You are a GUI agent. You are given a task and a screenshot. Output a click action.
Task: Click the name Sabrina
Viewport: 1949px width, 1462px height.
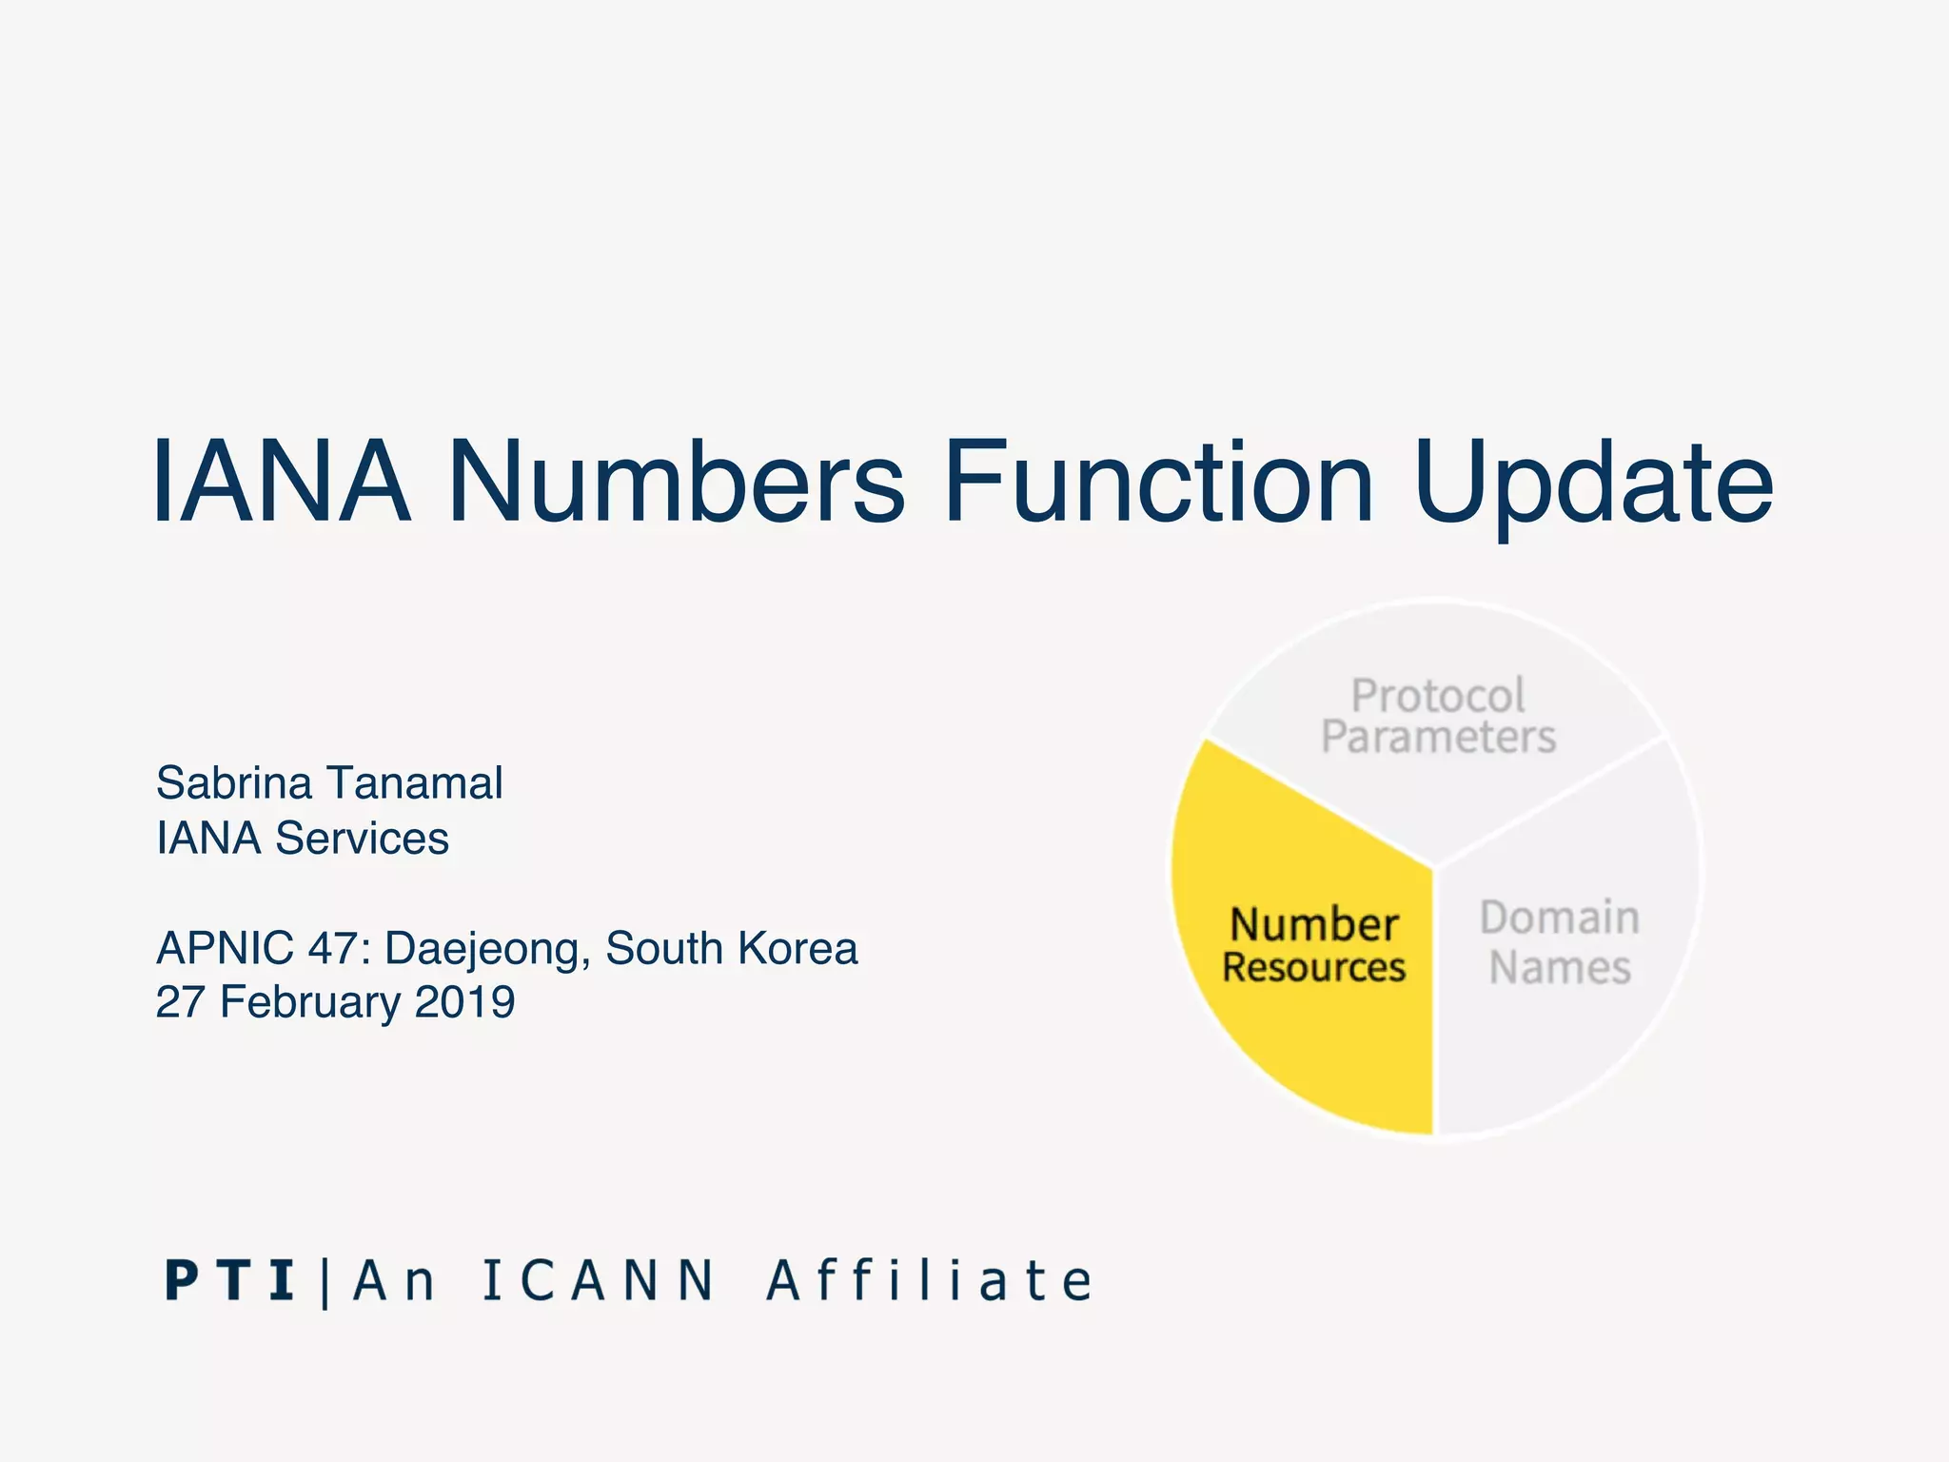tap(234, 783)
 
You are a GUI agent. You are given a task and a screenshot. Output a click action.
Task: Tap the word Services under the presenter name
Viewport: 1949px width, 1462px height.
tap(362, 839)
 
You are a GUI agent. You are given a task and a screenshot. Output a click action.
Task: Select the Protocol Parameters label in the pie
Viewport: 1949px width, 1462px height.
tap(1438, 717)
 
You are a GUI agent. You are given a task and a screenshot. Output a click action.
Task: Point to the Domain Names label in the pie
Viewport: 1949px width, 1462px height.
tap(1560, 942)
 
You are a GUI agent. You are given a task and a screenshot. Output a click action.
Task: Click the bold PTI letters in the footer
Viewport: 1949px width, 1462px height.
tap(228, 1280)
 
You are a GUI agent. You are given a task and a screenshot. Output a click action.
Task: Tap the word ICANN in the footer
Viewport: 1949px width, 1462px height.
tap(598, 1280)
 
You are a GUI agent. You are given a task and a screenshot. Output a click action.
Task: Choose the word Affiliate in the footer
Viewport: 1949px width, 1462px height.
tap(930, 1280)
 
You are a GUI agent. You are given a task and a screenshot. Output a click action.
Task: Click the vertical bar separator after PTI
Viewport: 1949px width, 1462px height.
tap(325, 1282)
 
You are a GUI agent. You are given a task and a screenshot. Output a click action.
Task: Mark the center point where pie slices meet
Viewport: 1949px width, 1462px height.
tap(1434, 867)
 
